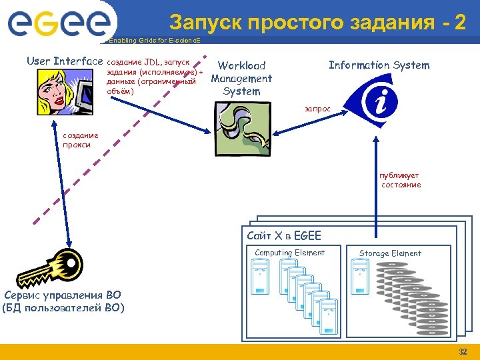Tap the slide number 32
point(463,352)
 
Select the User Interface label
point(65,61)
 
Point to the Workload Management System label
point(241,78)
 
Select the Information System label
point(379,65)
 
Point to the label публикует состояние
point(400,180)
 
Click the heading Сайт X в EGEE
point(283,235)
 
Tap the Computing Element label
point(289,253)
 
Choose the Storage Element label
point(390,253)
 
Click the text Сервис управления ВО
point(63,295)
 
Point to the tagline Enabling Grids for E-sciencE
point(149,41)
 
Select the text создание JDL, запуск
point(148,62)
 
